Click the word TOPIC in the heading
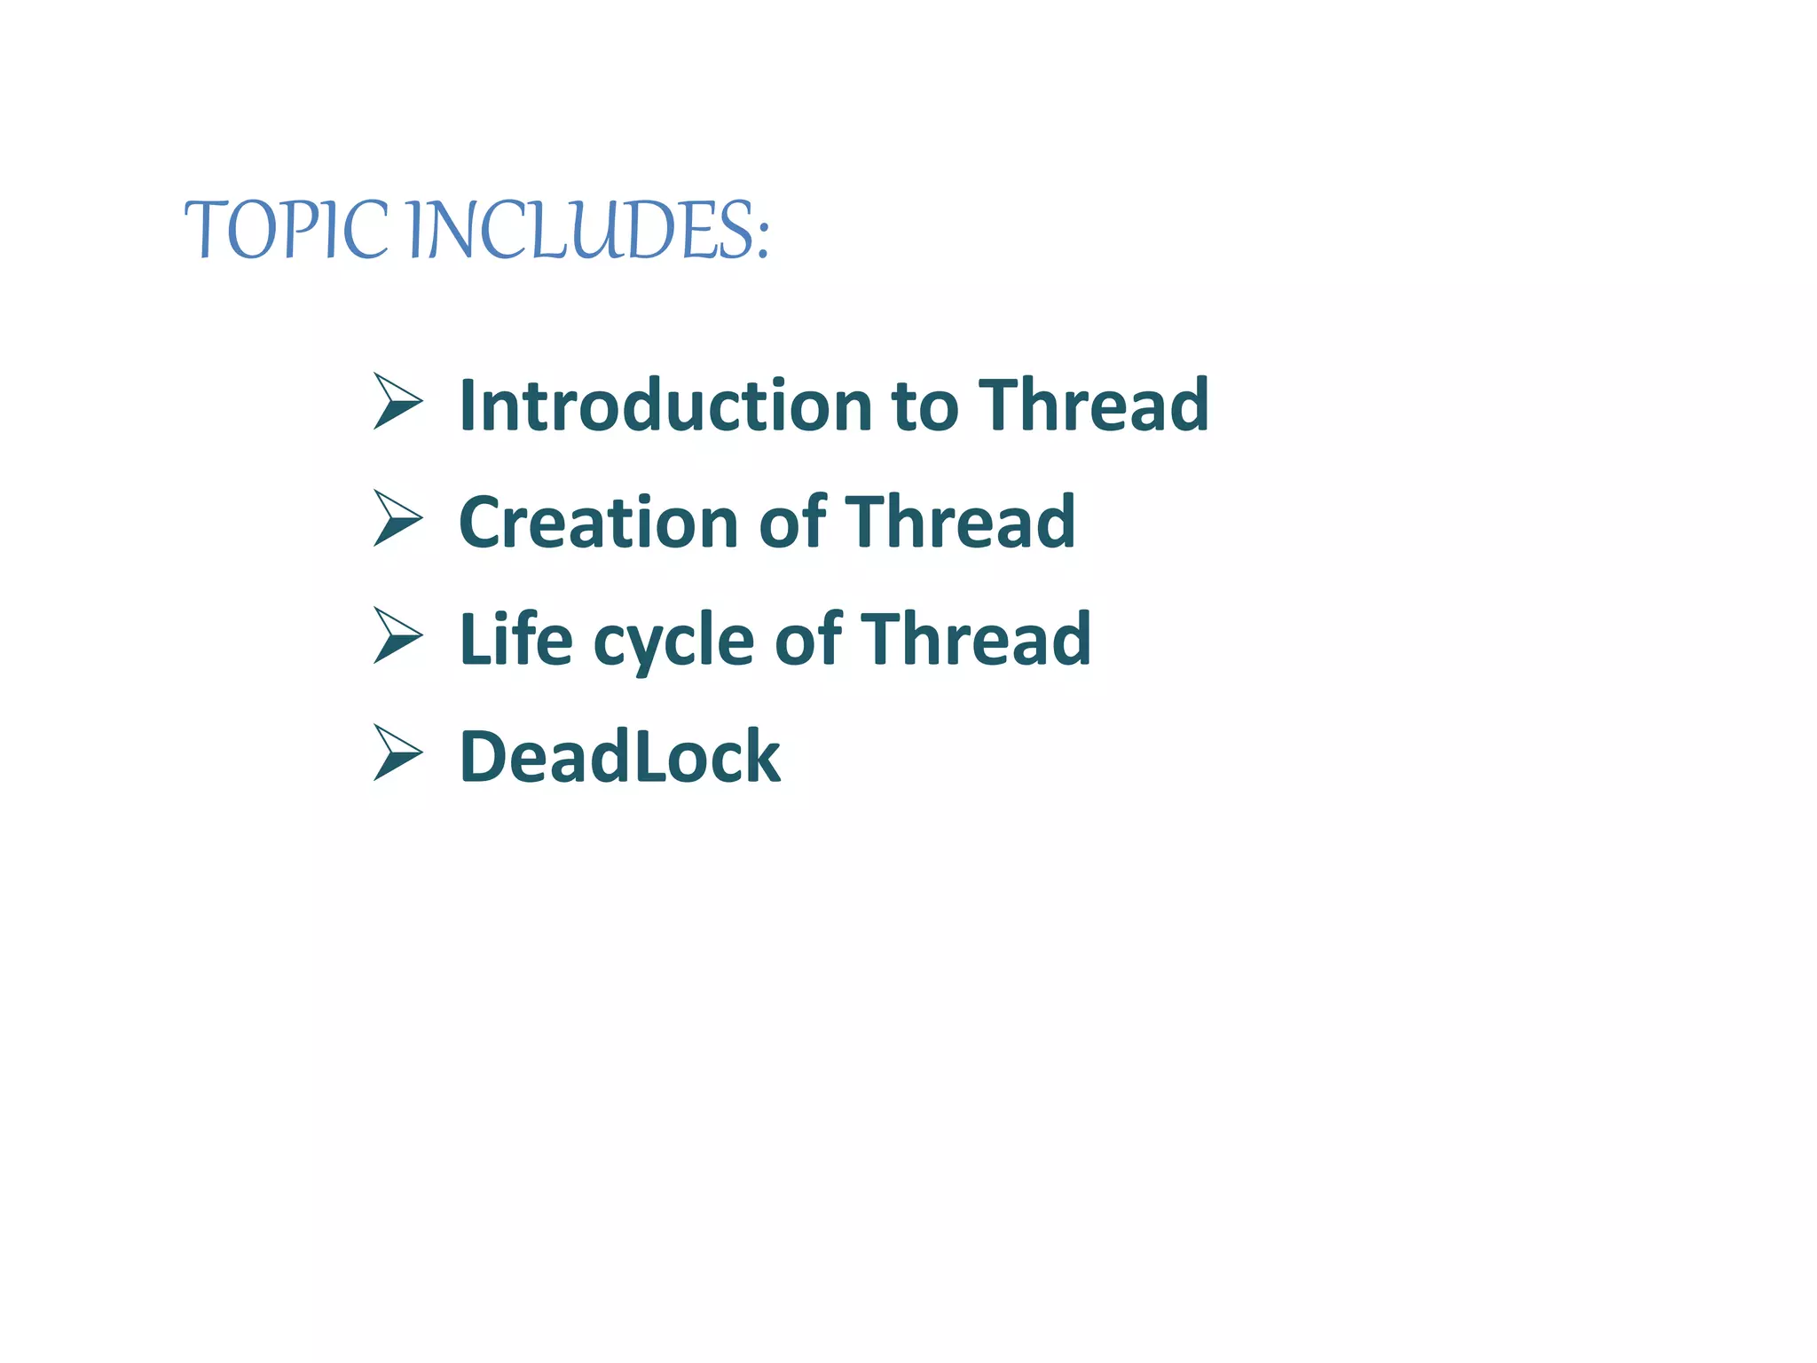(x=286, y=230)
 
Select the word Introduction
(x=665, y=406)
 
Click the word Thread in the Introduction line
(x=1093, y=406)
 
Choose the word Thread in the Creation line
(x=960, y=523)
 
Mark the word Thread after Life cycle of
(x=976, y=639)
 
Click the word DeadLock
(x=619, y=757)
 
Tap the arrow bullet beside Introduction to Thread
(x=397, y=401)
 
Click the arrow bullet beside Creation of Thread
(x=397, y=518)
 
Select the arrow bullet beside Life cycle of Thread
(x=397, y=635)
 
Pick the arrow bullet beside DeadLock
(x=397, y=752)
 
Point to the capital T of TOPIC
(x=208, y=229)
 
